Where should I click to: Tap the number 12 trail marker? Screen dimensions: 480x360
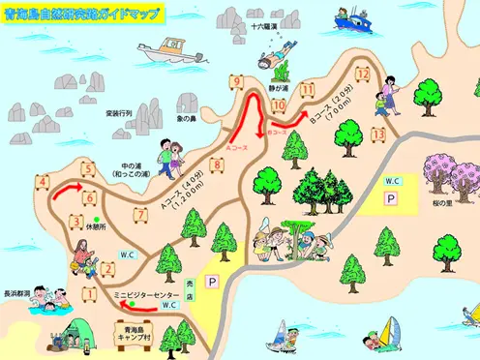point(363,74)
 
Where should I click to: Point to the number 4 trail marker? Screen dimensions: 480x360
point(44,181)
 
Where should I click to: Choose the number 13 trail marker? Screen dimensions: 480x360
point(379,135)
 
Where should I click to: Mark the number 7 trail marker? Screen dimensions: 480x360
point(141,214)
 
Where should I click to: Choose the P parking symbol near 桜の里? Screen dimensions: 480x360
point(391,197)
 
